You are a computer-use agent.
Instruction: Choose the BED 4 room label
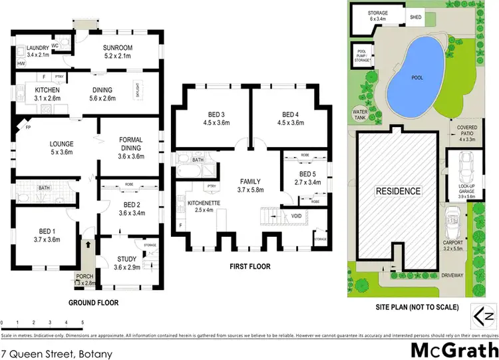tap(289, 118)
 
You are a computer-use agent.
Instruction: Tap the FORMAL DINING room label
tap(131, 143)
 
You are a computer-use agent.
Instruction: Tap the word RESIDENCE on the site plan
tap(399, 191)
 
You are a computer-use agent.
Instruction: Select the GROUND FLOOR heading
tap(93, 303)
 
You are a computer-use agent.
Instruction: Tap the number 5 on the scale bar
tap(83, 323)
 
